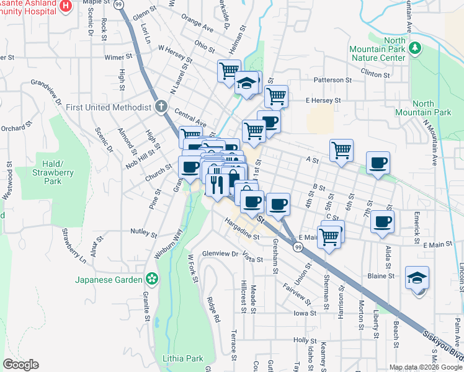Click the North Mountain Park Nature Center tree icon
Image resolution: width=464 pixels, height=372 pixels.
tap(416, 48)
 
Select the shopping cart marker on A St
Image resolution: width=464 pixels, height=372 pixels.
tap(341, 150)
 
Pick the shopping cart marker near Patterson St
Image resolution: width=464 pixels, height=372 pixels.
tap(276, 96)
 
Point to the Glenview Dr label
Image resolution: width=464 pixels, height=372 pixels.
tap(220, 253)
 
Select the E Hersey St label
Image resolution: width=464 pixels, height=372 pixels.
tap(323, 100)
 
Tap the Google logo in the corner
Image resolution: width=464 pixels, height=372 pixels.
tap(20, 365)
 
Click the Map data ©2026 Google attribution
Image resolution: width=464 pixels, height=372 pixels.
tap(426, 367)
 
